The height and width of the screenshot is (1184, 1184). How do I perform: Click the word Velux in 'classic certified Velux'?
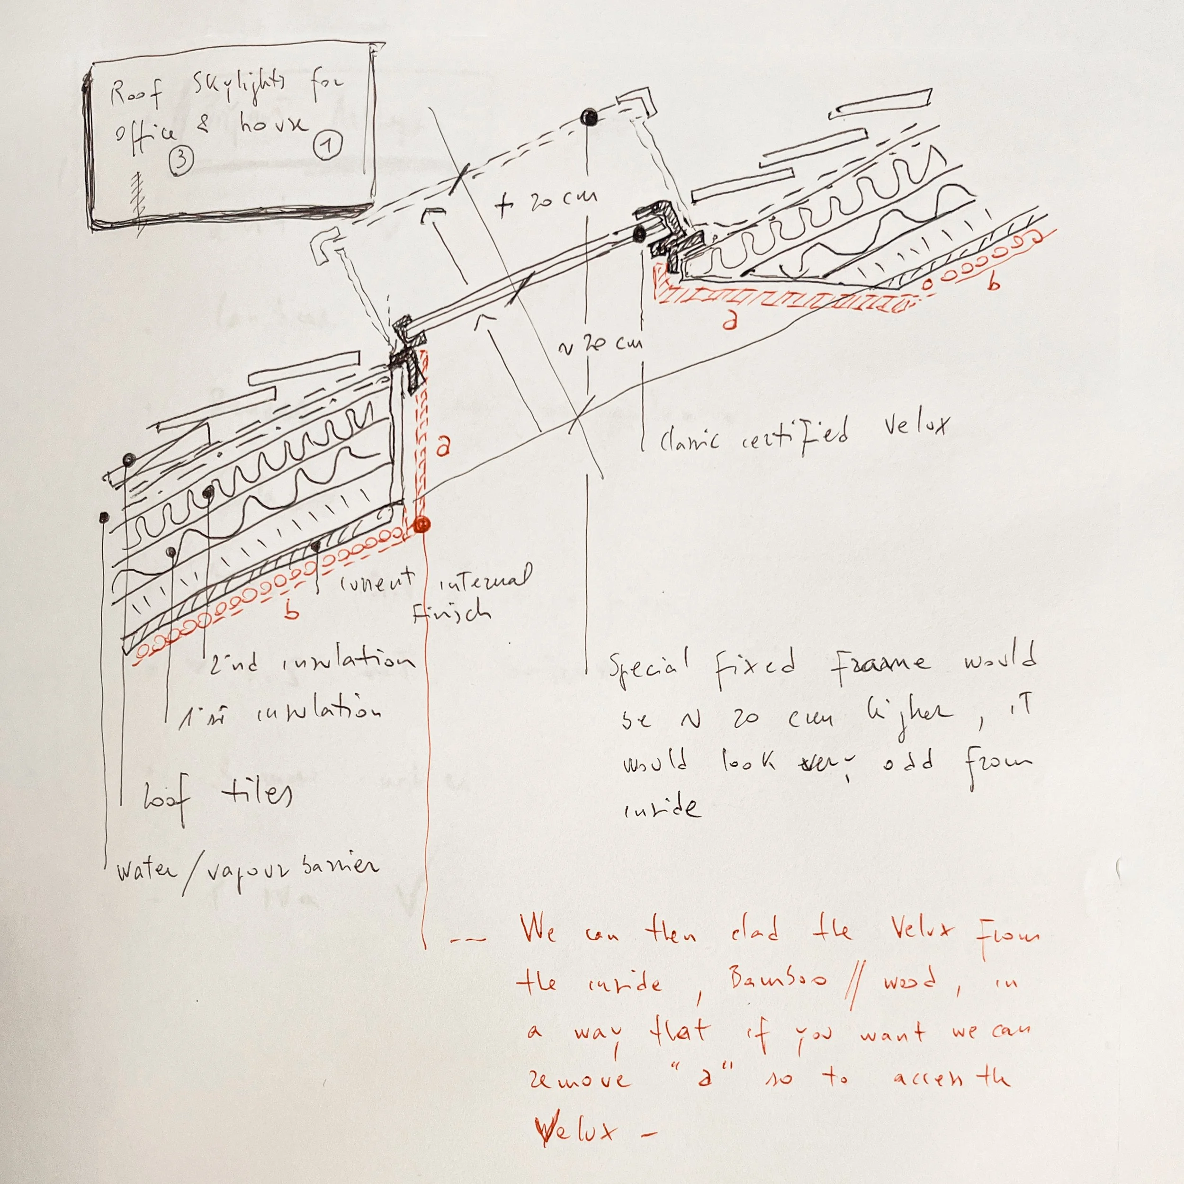[x=915, y=424]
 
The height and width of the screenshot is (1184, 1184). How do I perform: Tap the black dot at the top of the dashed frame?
[x=589, y=117]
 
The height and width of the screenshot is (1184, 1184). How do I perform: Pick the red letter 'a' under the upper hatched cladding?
[x=729, y=321]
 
